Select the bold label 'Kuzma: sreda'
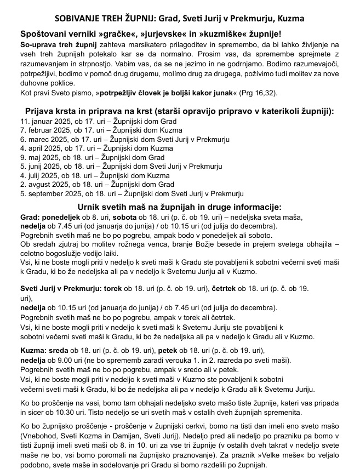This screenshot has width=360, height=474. [44, 350]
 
